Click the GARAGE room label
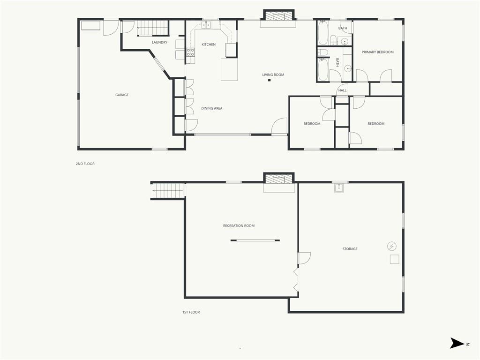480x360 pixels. coord(122,95)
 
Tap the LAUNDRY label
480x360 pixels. coord(159,42)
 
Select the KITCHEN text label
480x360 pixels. coord(209,45)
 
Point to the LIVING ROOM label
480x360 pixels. coord(273,75)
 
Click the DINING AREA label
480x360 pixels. coord(212,108)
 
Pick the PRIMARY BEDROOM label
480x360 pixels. coord(377,52)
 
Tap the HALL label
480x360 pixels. coord(343,90)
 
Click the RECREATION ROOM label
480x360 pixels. coord(239,225)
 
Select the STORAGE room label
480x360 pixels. coord(350,249)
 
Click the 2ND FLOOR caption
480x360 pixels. coord(85,164)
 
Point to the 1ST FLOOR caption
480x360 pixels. coord(191,312)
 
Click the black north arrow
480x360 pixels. coord(457,343)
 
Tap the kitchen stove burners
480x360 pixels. coord(190,52)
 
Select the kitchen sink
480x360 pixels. coord(206,24)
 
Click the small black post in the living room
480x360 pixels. coord(270,81)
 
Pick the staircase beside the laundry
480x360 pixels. coord(153,28)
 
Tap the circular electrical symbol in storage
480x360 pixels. coord(392,246)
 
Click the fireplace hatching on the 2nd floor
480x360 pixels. coord(279,16)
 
